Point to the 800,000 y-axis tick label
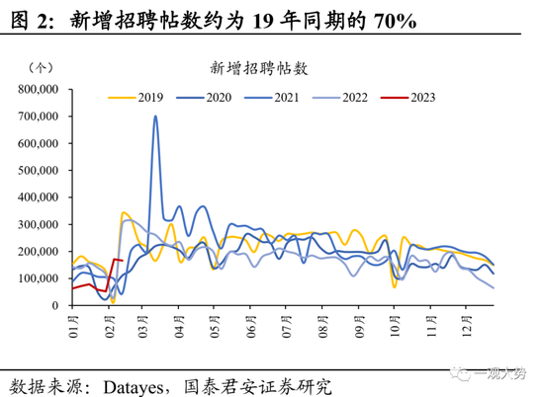(x=38, y=89)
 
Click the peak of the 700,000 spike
(x=155, y=117)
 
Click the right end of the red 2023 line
(x=121, y=261)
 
